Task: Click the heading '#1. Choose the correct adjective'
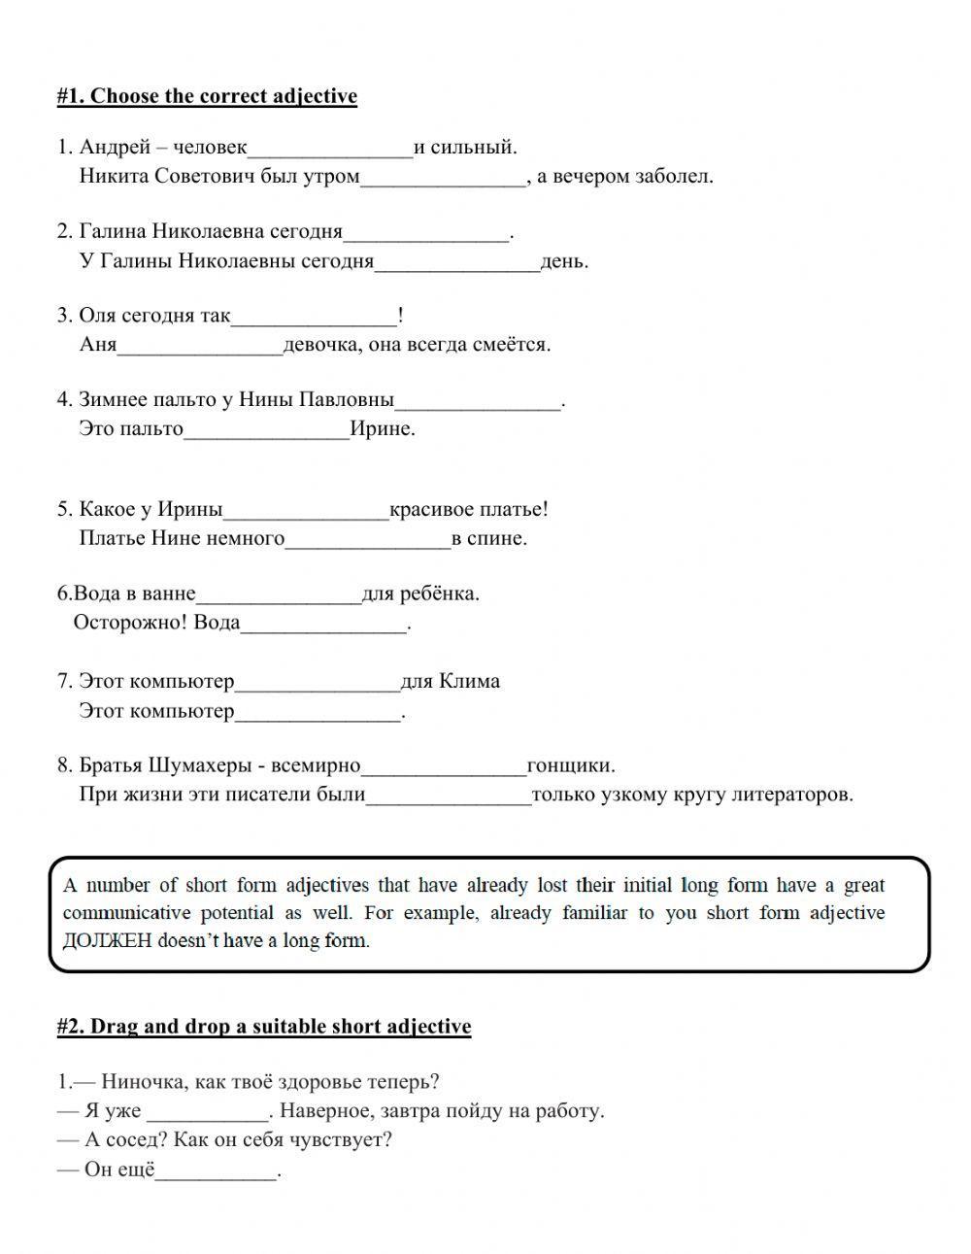[207, 96]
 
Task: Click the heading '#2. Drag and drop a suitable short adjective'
[264, 1027]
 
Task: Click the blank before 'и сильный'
[330, 149]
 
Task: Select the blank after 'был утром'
[443, 178]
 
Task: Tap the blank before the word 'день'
[456, 262]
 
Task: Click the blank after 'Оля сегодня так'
[314, 317]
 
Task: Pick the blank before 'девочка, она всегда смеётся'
[200, 346]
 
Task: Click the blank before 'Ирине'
[266, 430]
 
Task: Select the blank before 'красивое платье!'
[306, 511]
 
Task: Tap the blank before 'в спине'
[368, 540]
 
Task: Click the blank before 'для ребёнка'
[279, 595]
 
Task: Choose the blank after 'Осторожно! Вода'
[323, 625]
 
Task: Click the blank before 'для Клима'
[318, 683]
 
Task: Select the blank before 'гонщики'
[444, 767]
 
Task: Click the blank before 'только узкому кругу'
[449, 796]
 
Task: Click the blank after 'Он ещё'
[217, 1171]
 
